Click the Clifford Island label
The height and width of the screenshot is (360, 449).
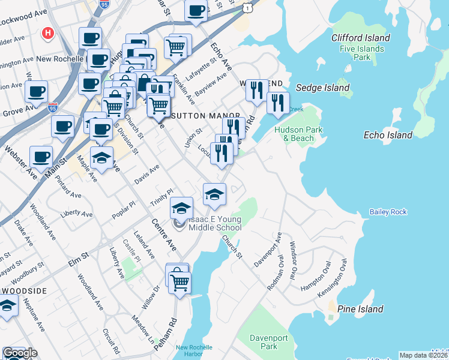pyautogui.click(x=361, y=38)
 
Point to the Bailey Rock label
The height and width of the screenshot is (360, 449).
pyautogui.click(x=389, y=212)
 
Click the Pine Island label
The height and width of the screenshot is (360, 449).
pyautogui.click(x=360, y=309)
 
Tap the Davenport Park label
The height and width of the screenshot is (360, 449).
pyautogui.click(x=270, y=342)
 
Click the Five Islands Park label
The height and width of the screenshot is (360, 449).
pyautogui.click(x=361, y=53)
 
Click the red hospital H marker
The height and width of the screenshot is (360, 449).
pyautogui.click(x=48, y=34)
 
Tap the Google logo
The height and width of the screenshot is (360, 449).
pyautogui.click(x=20, y=353)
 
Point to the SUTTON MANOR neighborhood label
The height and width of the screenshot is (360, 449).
pyautogui.click(x=205, y=116)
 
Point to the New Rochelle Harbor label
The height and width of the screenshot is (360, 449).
pyautogui.click(x=190, y=350)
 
